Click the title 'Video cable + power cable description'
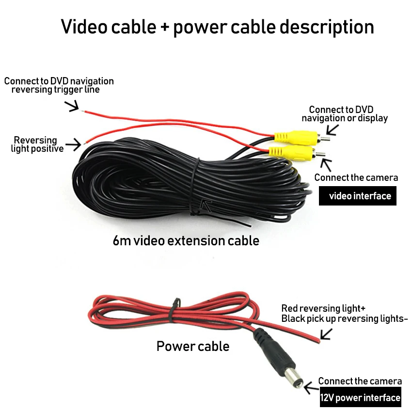(217, 27)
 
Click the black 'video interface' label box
(357, 196)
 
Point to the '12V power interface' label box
(360, 398)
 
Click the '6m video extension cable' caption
(186, 240)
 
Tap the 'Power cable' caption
(192, 346)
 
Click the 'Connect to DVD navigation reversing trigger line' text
(59, 85)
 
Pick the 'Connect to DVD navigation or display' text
(345, 114)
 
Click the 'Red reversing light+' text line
(323, 309)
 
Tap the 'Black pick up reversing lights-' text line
(345, 318)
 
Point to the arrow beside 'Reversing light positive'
(74, 144)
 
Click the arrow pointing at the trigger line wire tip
(73, 106)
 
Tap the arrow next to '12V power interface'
(310, 386)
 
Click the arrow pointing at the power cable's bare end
(326, 333)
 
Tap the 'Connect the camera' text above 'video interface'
(356, 177)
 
